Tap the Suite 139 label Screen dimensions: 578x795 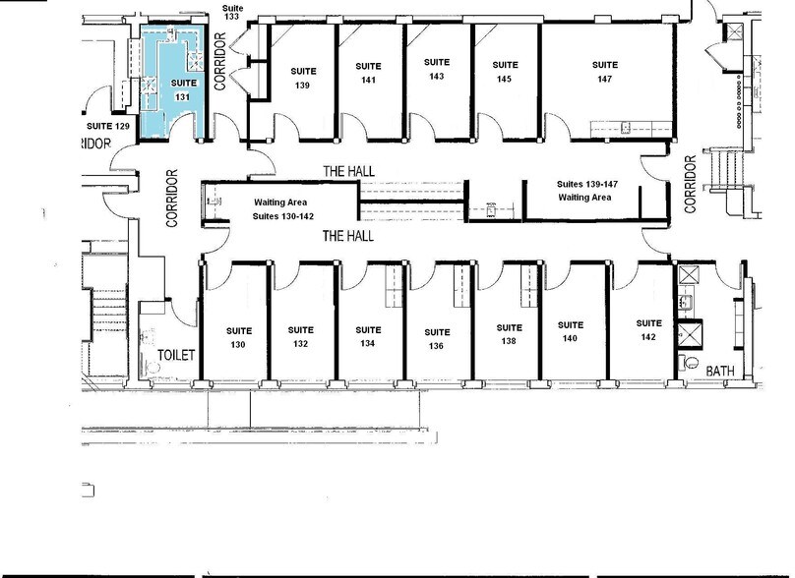[301, 78]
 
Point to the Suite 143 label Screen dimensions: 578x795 [437, 69]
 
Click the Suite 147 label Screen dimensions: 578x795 [604, 72]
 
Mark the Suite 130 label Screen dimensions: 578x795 [236, 337]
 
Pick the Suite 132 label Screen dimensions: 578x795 [301, 337]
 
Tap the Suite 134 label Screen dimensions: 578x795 [368, 337]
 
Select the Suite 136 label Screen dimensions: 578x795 [437, 339]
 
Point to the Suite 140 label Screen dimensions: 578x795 [571, 331]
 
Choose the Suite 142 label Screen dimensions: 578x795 [647, 330]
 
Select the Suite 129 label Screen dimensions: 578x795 [108, 127]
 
